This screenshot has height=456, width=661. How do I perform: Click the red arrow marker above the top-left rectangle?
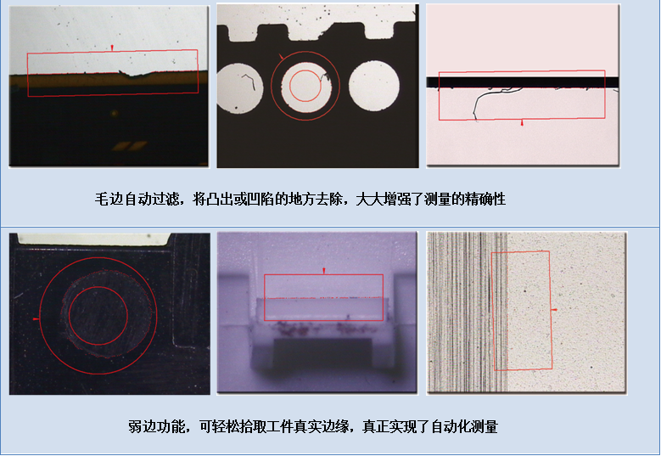112,47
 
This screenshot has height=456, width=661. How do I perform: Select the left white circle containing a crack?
244,87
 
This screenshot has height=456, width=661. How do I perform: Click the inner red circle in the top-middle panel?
305,86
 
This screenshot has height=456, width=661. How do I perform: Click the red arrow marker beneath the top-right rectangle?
522,124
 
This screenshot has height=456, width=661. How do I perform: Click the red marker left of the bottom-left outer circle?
35,318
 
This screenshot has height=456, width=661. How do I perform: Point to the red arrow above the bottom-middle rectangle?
323,270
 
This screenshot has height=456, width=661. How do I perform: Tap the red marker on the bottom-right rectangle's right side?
554,311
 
